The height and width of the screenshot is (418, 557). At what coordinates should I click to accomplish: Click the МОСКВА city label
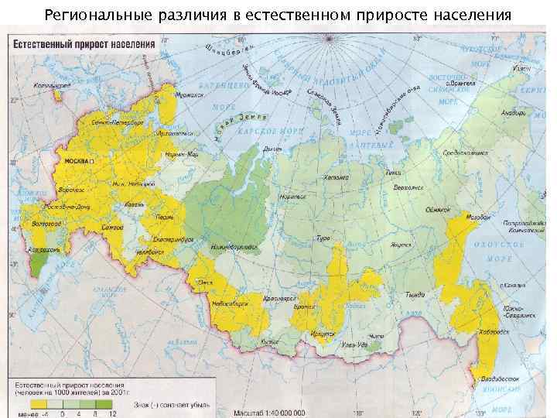tap(76, 160)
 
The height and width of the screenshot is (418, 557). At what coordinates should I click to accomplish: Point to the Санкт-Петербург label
tap(117, 122)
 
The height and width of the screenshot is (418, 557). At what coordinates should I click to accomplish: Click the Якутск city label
tap(399, 242)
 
